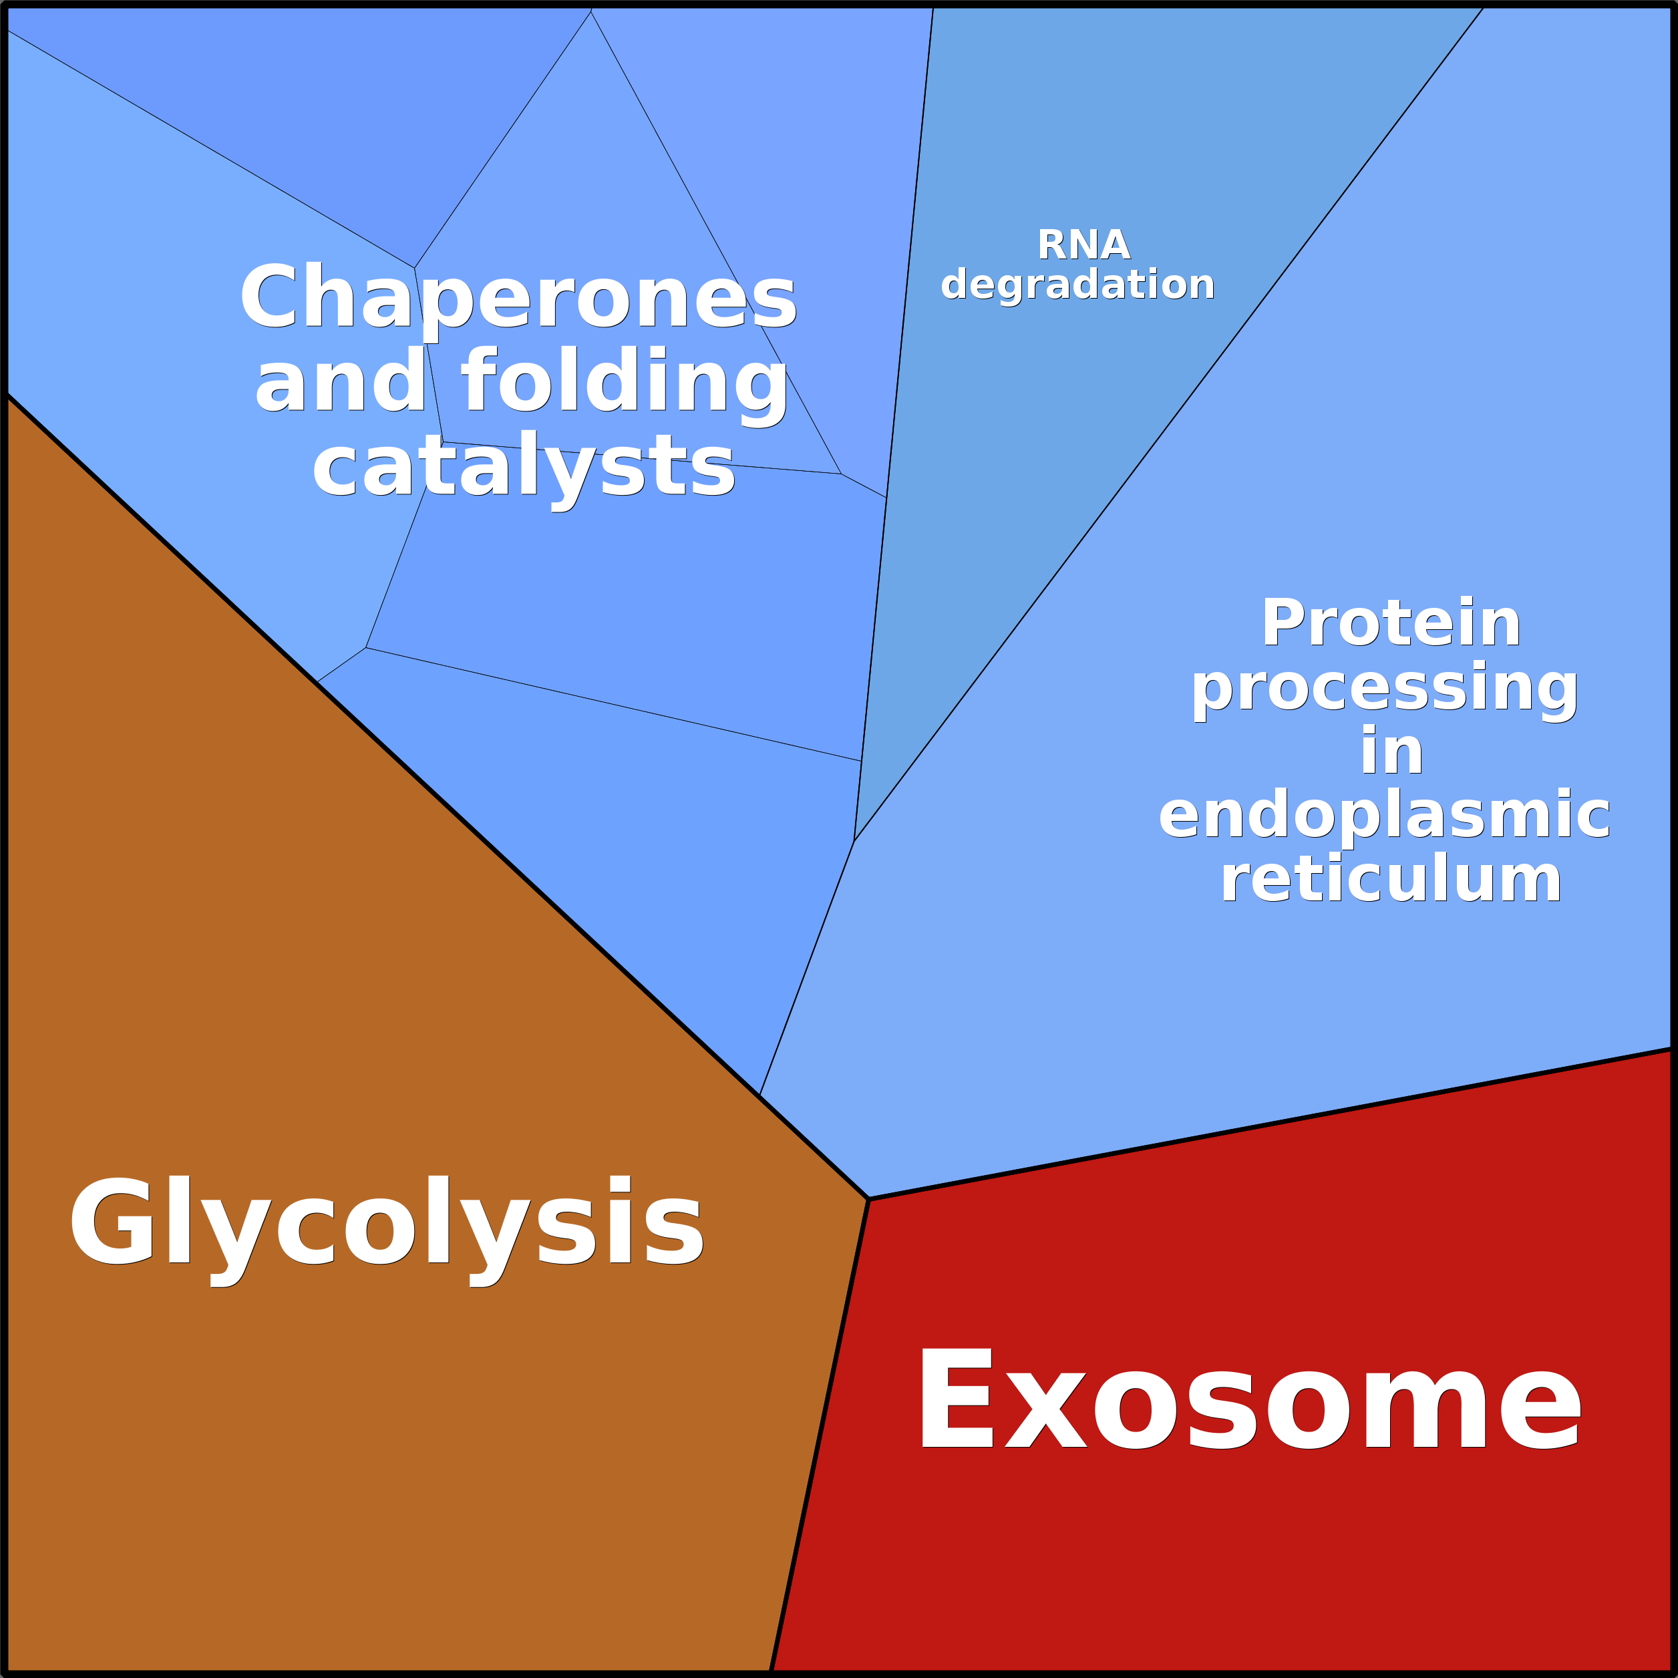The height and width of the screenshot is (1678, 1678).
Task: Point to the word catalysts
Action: point(524,469)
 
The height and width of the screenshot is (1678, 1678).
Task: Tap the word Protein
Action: point(1391,623)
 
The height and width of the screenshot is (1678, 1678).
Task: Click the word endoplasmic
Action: point(1385,816)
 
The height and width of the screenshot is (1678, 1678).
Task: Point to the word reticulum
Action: point(1391,878)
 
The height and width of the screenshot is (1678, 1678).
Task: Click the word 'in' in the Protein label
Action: point(1391,750)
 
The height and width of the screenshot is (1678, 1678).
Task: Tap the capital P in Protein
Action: point(1285,623)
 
